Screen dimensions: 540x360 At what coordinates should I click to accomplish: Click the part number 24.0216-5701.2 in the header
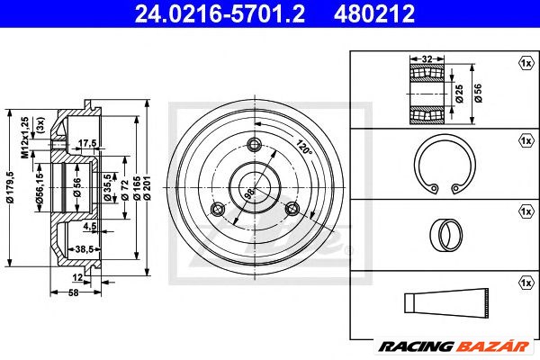click(220, 13)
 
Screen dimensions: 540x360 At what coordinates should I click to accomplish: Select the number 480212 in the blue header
click(374, 13)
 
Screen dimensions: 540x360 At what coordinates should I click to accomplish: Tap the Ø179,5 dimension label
click(10, 187)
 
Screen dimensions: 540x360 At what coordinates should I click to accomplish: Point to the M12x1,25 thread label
click(25, 138)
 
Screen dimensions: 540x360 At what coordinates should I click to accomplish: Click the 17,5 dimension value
click(87, 142)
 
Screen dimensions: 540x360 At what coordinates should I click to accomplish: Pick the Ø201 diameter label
click(147, 187)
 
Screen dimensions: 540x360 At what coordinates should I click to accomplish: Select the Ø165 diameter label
click(137, 188)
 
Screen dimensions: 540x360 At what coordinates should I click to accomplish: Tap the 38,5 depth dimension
click(85, 248)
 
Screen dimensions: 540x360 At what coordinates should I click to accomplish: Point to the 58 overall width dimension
click(74, 292)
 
